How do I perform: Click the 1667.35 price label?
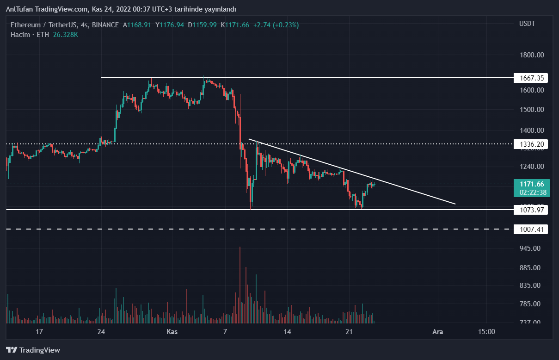[530, 78]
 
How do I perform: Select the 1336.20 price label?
[530, 144]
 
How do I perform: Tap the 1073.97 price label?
[530, 210]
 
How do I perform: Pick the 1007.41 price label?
[530, 229]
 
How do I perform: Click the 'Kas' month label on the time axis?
[172, 332]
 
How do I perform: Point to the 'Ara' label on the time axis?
[437, 332]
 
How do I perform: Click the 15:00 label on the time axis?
[486, 332]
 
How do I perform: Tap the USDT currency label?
[527, 24]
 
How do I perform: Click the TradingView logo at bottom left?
[33, 350]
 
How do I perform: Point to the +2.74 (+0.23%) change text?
[275, 25]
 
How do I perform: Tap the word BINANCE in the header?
[105, 25]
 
